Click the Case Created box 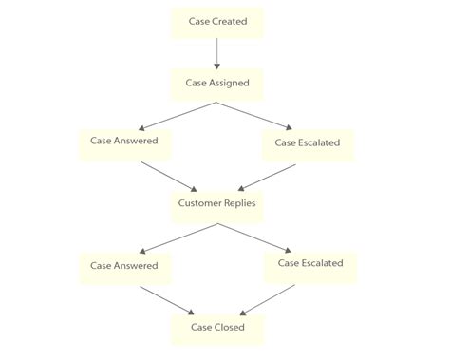[216, 23]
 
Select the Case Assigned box [216, 84]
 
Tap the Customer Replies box [216, 203]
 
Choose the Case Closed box [216, 328]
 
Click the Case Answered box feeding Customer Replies [124, 142]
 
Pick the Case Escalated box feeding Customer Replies [308, 143]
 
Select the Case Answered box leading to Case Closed [124, 267]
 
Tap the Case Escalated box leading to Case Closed [310, 264]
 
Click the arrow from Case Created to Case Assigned [216, 53]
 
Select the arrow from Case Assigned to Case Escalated [262, 114]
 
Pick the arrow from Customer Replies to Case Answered [171, 237]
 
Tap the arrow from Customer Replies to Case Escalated [263, 237]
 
